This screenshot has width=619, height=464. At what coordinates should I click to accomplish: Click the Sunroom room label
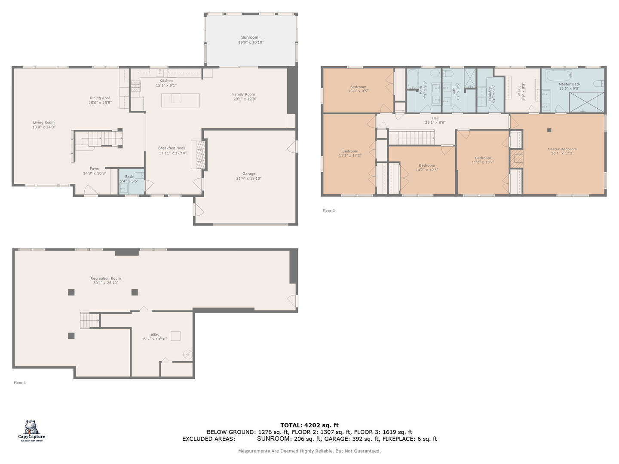pos(250,37)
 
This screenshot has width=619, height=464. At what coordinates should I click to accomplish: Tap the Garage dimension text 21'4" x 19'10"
pos(248,178)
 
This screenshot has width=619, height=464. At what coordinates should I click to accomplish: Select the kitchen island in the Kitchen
pos(180,100)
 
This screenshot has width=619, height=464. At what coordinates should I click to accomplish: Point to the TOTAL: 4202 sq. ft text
pos(309,425)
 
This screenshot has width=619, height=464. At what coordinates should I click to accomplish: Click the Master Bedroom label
pos(562,149)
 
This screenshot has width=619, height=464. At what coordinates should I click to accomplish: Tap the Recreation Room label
pos(106,278)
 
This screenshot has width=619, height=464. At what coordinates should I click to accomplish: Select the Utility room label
pos(154,335)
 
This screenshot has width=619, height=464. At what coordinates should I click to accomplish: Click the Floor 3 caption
pos(328,211)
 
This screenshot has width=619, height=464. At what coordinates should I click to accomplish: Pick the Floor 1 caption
pos(20,382)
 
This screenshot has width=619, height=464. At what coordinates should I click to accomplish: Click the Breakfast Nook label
pos(172,148)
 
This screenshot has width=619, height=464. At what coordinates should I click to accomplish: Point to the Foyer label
pos(95,169)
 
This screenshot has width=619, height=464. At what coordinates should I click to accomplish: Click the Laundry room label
pos(490,94)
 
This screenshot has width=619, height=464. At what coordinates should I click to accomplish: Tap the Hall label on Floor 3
pos(435,118)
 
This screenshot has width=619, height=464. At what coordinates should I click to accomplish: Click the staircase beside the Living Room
pos(98,139)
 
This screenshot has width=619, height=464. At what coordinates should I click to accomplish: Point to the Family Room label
pos(244,94)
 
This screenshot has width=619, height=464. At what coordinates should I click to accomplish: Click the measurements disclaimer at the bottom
pos(309,451)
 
